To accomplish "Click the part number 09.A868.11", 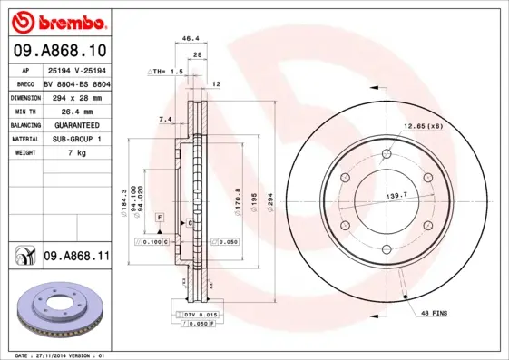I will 75,258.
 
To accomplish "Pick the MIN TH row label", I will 24,110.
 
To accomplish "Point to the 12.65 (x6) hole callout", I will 423,125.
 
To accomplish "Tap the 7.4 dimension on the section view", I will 164,119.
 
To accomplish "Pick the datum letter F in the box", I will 159,219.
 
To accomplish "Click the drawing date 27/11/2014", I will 61,355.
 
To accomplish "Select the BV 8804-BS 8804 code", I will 76,83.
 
